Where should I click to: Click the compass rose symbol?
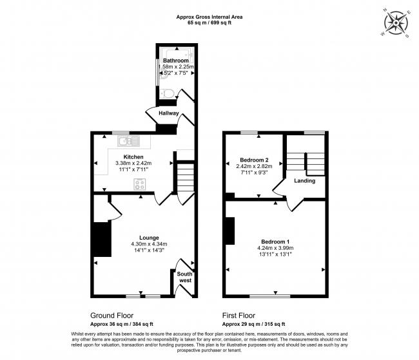tap(396, 23)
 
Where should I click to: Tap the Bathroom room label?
tap(176, 61)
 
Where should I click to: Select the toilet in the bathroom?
tap(168, 94)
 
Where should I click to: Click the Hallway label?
tap(169, 113)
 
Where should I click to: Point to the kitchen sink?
tap(128, 141)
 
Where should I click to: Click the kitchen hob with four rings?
tap(140, 184)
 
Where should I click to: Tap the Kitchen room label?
tap(133, 156)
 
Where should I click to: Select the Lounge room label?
tap(149, 238)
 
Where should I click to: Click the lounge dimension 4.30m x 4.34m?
tap(149, 244)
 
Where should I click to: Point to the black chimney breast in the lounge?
tap(102, 239)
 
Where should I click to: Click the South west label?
tap(184, 277)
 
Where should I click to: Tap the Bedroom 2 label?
tap(254, 160)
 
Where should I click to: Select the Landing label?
tap(305, 181)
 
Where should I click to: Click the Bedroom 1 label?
tap(275, 242)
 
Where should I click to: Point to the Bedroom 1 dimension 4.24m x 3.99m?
tap(275, 248)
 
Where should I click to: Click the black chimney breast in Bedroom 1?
tap(230, 231)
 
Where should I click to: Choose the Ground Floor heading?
tap(112, 316)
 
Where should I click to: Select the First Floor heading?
tap(239, 316)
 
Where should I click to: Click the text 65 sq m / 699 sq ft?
tap(209, 23)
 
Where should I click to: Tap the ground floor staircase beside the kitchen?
tap(186, 177)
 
